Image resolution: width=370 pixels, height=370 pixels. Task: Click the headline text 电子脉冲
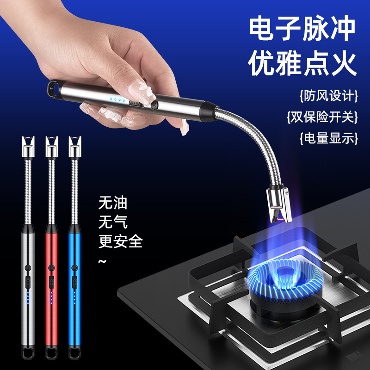(x=302, y=28)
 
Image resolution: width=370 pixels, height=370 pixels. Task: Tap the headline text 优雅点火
(x=302, y=63)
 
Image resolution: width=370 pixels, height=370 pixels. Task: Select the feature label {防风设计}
(x=329, y=96)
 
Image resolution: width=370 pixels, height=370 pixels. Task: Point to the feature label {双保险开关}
(x=322, y=117)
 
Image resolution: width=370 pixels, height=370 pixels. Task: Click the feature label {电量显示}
(x=329, y=138)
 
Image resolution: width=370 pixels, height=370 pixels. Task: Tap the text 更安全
(x=121, y=241)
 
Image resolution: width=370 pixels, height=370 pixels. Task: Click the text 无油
(x=113, y=203)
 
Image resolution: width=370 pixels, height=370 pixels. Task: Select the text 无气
(x=113, y=222)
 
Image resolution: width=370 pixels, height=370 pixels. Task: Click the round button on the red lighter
(x=51, y=268)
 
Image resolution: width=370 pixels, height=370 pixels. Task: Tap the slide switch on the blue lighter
(x=74, y=282)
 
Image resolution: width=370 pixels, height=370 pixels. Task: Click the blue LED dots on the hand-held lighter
(x=117, y=100)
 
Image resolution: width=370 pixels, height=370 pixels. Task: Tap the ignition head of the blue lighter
(x=75, y=146)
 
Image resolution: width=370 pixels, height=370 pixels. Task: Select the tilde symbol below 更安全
(x=102, y=261)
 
